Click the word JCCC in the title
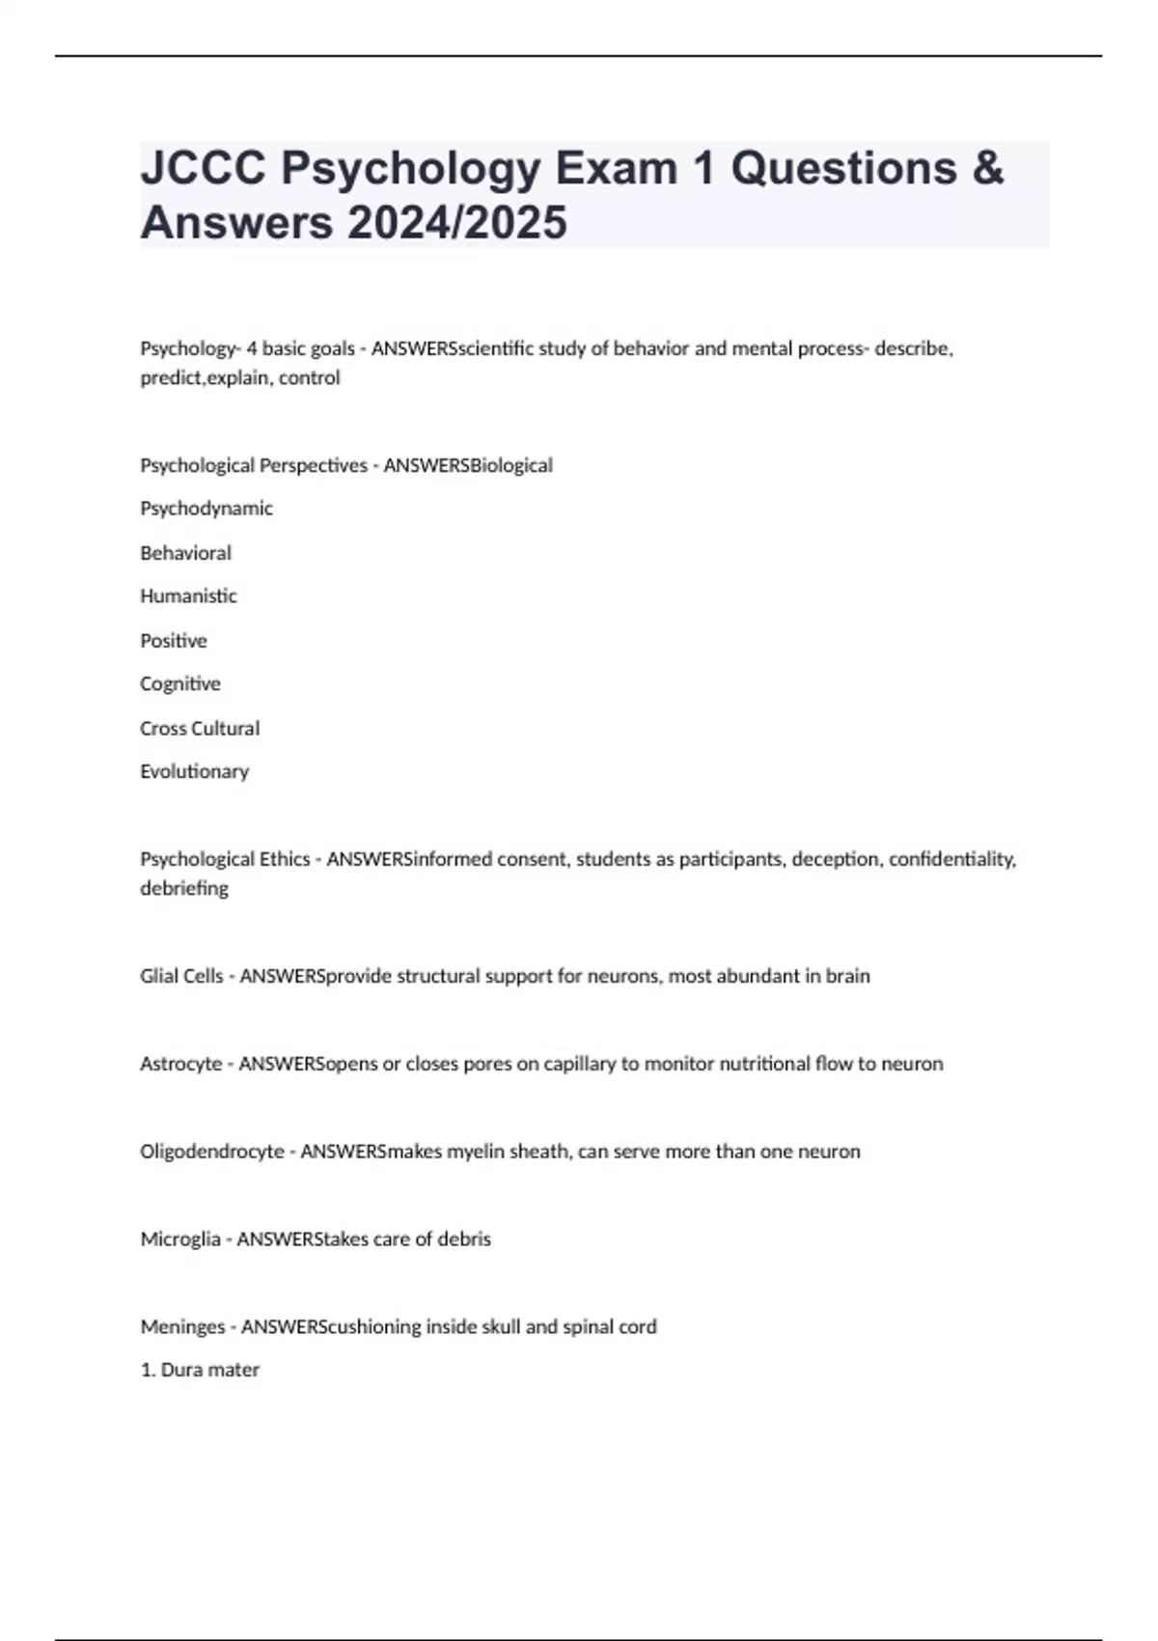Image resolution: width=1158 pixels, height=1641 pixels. point(204,169)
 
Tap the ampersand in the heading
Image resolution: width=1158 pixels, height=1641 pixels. point(987,169)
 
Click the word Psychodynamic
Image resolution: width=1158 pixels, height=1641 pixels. point(207,509)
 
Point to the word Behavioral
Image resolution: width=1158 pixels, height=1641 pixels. point(185,553)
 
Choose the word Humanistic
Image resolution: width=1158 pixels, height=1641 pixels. point(188,597)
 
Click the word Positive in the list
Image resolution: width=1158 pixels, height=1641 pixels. point(174,641)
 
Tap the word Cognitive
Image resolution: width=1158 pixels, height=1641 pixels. point(180,684)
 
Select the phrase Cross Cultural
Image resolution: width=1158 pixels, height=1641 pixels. point(200,729)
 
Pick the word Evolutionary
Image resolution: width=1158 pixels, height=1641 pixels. point(194,772)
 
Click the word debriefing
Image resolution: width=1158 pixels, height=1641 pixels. point(184,889)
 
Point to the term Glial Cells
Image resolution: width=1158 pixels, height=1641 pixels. point(181,976)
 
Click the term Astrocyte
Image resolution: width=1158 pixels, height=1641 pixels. point(181,1064)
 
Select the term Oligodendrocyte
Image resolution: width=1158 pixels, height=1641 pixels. point(212,1152)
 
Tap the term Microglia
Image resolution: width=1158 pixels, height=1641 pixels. point(180,1239)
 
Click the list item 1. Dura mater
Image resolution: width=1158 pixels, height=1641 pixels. point(200,1370)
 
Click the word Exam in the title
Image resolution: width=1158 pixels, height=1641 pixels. point(615,169)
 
